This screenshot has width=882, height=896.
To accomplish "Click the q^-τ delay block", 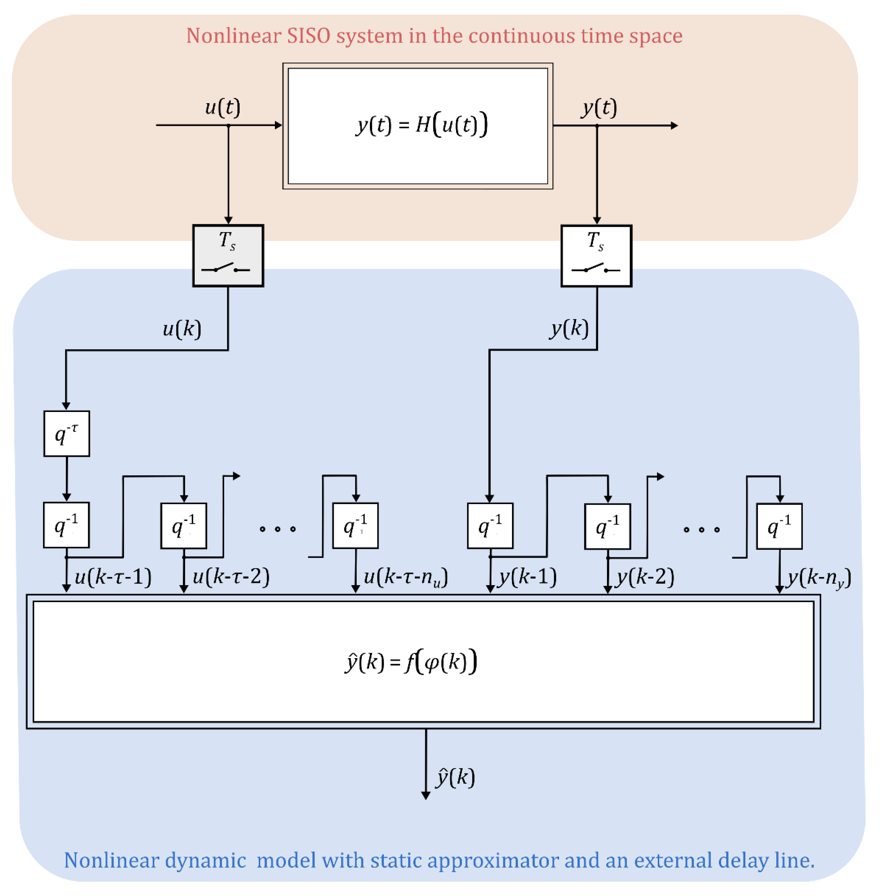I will click(x=67, y=433).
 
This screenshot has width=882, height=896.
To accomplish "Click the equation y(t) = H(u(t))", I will click(x=422, y=125).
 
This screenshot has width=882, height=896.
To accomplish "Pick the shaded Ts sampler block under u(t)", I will click(x=228, y=256).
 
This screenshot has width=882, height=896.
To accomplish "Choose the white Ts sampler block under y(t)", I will click(x=596, y=256).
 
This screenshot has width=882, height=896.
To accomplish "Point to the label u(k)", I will click(x=182, y=329).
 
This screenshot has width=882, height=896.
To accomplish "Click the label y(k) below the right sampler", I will click(x=569, y=328).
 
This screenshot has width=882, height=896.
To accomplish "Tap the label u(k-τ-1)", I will click(x=113, y=577).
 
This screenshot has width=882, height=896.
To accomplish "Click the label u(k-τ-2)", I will click(x=231, y=577).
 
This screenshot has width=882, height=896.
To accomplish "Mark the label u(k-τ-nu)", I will click(x=405, y=577).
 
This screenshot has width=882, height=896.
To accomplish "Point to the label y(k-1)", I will click(x=527, y=577).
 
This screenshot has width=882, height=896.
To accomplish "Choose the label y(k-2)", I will click(x=645, y=577).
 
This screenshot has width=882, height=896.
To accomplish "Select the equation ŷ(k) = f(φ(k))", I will click(x=411, y=662).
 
